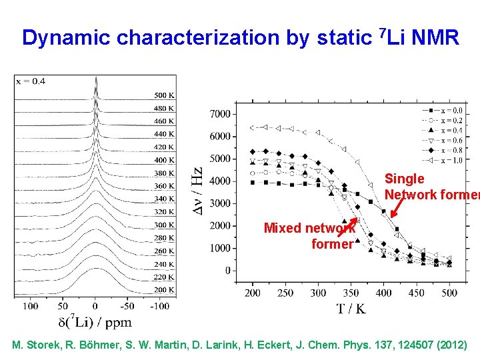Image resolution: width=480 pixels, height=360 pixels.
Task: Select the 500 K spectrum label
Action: (165, 95)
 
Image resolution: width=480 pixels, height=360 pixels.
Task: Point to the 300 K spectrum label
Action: (165, 225)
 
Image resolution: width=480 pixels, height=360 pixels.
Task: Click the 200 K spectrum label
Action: (165, 290)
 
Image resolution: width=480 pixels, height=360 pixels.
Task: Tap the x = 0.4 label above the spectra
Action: (30, 81)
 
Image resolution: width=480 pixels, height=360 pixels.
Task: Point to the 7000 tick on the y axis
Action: (219, 114)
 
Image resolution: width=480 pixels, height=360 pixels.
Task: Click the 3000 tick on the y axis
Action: (219, 203)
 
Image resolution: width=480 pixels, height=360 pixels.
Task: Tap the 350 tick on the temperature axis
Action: (351, 293)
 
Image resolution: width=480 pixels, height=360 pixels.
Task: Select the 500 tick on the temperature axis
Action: (449, 293)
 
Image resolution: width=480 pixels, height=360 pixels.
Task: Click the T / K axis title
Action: (351, 309)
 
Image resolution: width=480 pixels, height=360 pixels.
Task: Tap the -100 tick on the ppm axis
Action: (159, 306)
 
